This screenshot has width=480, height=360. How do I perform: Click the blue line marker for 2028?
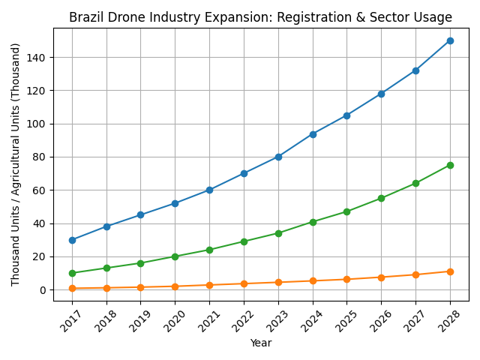pyautogui.click(x=450, y=40)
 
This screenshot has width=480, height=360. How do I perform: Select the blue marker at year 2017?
pyautogui.click(x=72, y=240)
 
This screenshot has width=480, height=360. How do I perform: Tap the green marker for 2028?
pyautogui.click(x=450, y=165)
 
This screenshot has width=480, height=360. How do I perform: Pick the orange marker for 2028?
pyautogui.click(x=450, y=271)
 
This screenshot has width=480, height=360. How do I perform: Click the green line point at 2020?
pyautogui.click(x=175, y=256)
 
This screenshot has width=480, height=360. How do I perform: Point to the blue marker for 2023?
pyautogui.click(x=278, y=157)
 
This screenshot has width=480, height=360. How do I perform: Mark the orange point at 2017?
pyautogui.click(x=72, y=288)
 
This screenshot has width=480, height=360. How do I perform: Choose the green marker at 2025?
pyautogui.click(x=346, y=211)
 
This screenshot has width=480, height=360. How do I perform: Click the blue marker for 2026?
pyautogui.click(x=381, y=94)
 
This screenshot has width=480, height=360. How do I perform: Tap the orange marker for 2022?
pyautogui.click(x=244, y=283)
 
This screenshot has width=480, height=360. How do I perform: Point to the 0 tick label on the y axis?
pyautogui.click(x=42, y=290)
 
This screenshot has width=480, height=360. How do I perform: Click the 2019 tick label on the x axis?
pyautogui.click(x=140, y=321)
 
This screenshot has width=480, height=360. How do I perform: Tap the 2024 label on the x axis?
pyautogui.click(x=312, y=321)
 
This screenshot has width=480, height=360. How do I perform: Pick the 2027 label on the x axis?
pyautogui.click(x=415, y=321)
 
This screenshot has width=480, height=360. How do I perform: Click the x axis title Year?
pyautogui.click(x=261, y=343)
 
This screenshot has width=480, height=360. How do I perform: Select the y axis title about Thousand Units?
pyautogui.click(x=16, y=163)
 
